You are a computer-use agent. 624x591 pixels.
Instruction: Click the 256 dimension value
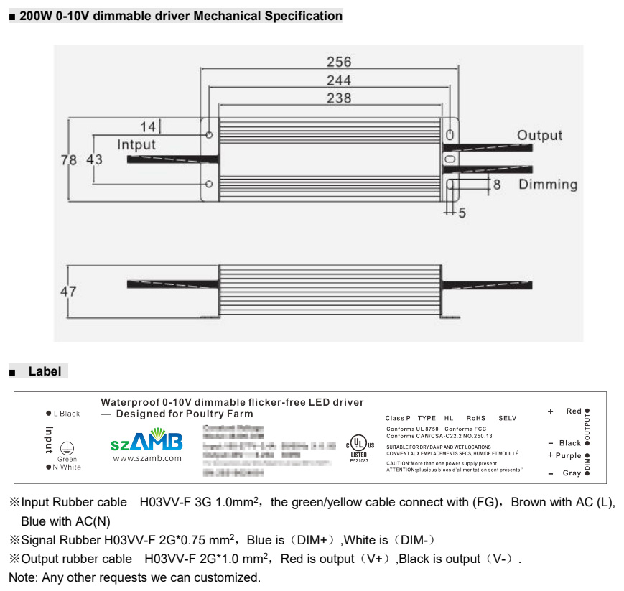pos(339,62)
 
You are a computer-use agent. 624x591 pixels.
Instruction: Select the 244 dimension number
pos(339,80)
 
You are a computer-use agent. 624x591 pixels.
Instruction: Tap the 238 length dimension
pos(339,98)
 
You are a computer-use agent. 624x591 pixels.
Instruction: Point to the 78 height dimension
pos(68,160)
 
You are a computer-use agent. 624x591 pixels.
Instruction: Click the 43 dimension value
pos(94,160)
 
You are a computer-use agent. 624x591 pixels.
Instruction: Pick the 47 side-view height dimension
pos(68,292)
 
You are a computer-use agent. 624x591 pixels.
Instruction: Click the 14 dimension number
pos(148,127)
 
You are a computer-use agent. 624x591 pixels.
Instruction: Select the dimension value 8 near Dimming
pos(496,185)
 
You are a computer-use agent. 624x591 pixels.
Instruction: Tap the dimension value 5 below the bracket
pos(462,213)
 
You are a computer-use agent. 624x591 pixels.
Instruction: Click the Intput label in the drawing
pos(136,144)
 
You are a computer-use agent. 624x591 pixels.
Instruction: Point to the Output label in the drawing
pos(540,135)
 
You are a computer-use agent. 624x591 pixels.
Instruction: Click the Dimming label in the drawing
pos(548,185)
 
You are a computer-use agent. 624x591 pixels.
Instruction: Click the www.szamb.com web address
pos(147,458)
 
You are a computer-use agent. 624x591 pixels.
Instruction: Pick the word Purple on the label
pos(568,455)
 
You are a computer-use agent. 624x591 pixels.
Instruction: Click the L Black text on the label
pos(66,414)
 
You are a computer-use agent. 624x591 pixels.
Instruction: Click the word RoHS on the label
pos(475,418)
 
